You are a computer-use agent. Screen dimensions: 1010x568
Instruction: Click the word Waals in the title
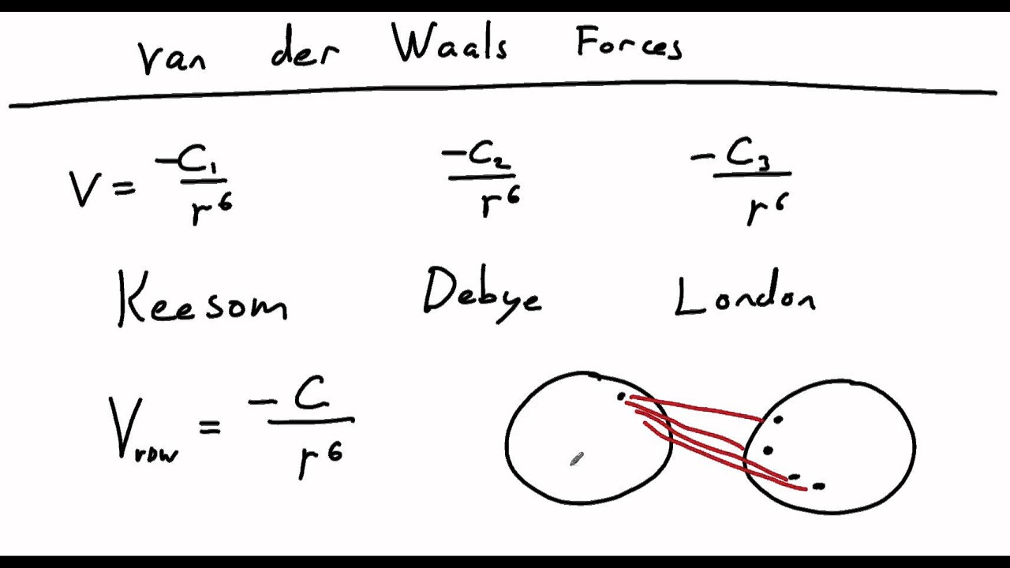[450, 42]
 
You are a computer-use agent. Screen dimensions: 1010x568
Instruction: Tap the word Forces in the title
[629, 43]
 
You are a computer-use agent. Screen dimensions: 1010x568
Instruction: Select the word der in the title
[305, 47]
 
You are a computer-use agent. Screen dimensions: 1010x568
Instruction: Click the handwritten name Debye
[482, 295]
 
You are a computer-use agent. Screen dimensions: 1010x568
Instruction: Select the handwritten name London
[745, 292]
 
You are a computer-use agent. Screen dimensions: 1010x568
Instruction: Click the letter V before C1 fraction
[83, 189]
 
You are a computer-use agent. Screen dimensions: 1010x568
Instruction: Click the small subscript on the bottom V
[156, 454]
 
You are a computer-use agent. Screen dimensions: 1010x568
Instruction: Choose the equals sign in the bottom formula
[210, 427]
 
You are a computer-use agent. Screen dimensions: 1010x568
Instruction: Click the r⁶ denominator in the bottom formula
[320, 459]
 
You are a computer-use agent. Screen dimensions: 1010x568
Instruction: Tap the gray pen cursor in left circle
[577, 459]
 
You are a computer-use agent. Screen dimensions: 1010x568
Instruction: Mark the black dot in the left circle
[621, 397]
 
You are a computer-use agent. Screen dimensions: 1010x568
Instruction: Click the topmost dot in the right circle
[778, 420]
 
